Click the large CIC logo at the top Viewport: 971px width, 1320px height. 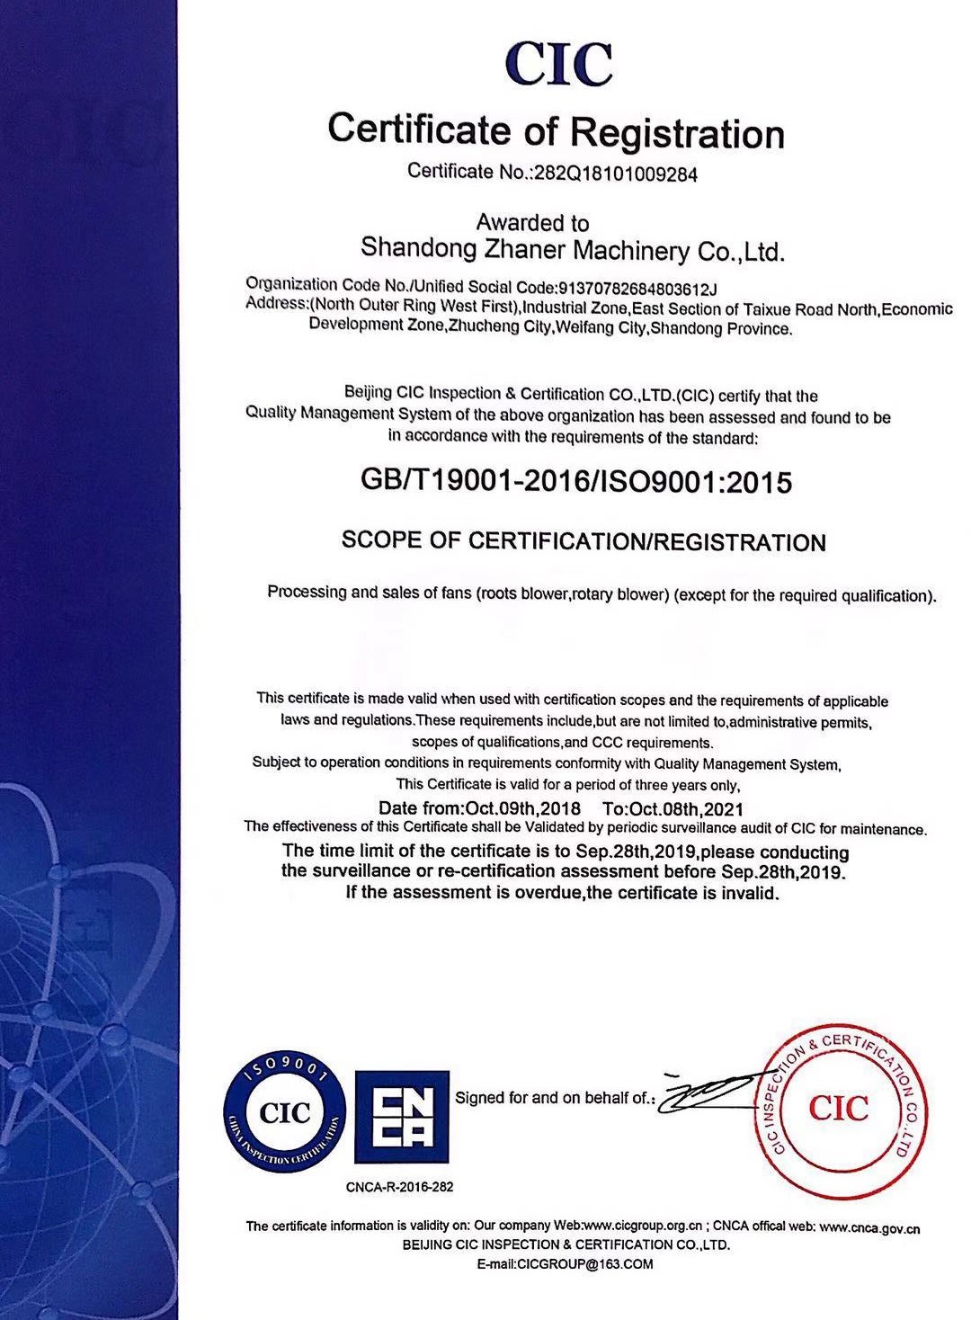pyautogui.click(x=558, y=63)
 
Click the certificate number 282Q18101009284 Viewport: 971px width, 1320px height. pyautogui.click(x=616, y=174)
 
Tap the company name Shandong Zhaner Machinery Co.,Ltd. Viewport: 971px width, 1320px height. pyautogui.click(x=573, y=249)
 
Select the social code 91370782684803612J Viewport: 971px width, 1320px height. pyautogui.click(x=637, y=288)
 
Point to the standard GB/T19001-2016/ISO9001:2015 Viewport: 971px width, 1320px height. pyautogui.click(x=576, y=482)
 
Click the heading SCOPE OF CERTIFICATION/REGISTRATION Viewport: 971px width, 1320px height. pyautogui.click(x=583, y=541)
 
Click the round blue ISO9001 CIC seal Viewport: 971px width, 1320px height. pyautogui.click(x=285, y=1114)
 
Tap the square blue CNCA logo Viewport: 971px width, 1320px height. pyautogui.click(x=402, y=1116)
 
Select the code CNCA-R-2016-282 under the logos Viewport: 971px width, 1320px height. pyautogui.click(x=399, y=1187)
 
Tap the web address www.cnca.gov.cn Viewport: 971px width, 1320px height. pyautogui.click(x=869, y=1227)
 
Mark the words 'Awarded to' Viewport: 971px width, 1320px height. pyautogui.click(x=532, y=222)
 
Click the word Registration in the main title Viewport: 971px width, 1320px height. pyautogui.click(x=677, y=132)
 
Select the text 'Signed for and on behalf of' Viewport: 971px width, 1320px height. pyautogui.click(x=551, y=1098)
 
